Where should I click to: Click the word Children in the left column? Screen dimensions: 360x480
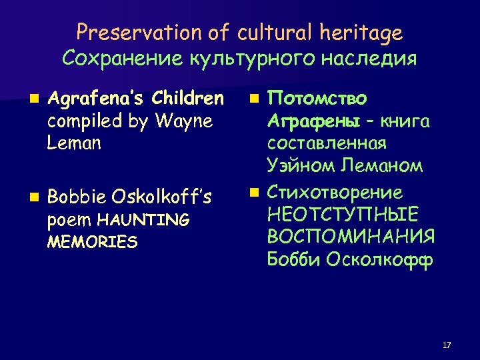[188, 99]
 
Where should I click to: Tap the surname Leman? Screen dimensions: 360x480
[75, 143]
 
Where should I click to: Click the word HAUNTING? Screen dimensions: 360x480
[144, 219]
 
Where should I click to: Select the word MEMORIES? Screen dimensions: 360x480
[93, 241]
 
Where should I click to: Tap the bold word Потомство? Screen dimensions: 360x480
[317, 99]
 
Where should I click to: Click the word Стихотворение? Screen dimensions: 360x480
[335, 193]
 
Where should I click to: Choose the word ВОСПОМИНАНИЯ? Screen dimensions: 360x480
[351, 237]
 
